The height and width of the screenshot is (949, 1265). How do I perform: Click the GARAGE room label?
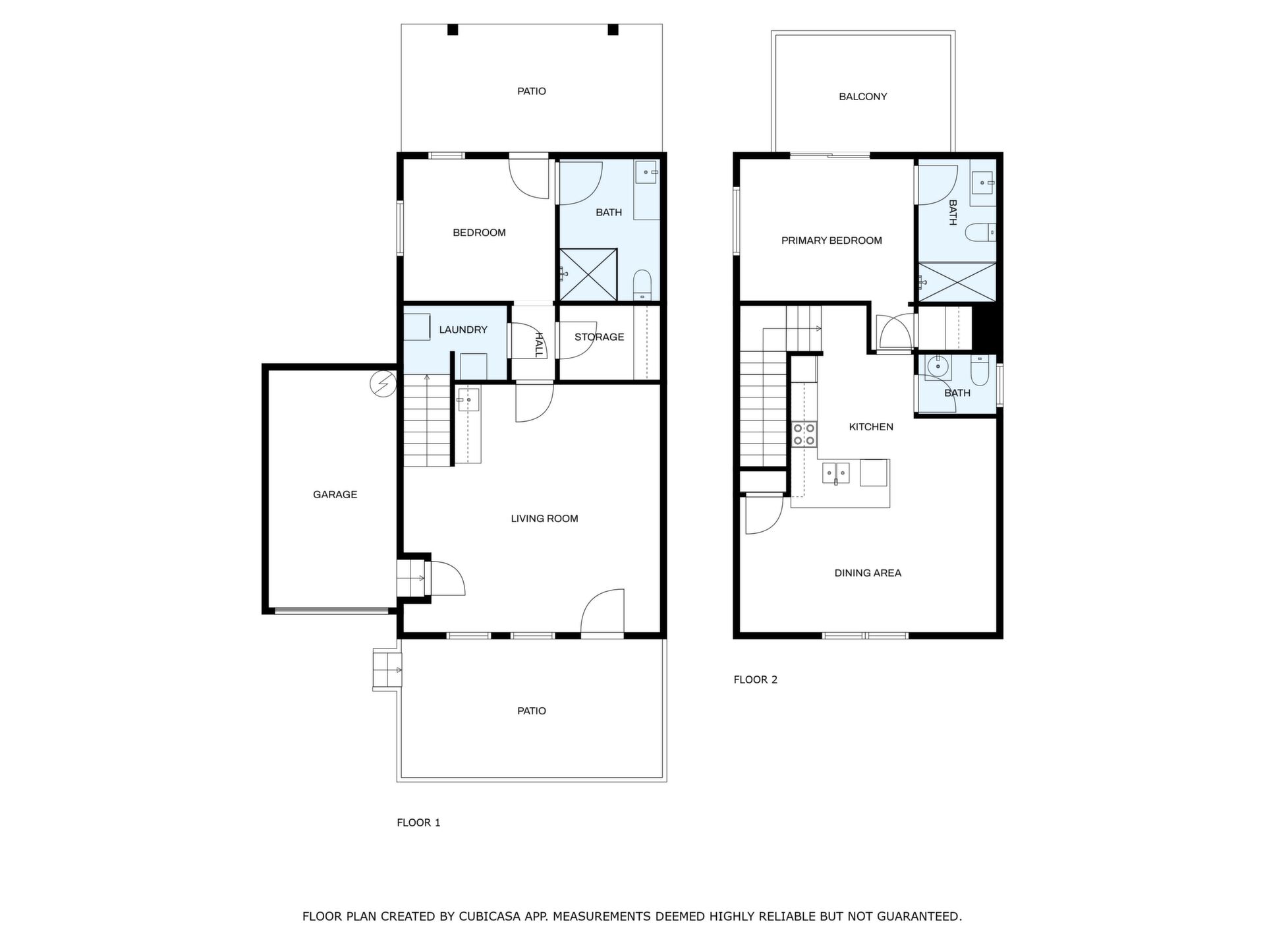(335, 494)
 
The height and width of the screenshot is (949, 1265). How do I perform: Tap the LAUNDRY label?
(463, 330)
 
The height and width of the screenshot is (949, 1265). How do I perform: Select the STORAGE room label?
(599, 337)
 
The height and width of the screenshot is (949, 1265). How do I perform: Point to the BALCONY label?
(862, 96)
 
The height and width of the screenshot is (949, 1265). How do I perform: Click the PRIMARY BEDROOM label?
(831, 241)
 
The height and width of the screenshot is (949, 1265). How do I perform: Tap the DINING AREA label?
(868, 573)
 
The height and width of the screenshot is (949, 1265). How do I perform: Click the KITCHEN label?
(871, 427)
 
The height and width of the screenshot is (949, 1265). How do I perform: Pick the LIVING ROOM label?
(544, 519)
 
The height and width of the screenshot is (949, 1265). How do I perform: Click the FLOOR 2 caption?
(756, 679)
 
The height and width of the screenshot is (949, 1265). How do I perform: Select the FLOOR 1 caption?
(418, 822)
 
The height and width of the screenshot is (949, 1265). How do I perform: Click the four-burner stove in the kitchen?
(804, 435)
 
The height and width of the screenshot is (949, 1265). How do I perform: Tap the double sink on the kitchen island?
(835, 473)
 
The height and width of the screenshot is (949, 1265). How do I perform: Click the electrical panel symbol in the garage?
(383, 383)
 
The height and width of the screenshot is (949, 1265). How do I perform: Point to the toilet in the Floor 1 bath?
(642, 284)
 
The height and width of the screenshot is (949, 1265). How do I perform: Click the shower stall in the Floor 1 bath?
(588, 275)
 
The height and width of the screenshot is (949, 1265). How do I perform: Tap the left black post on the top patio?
(453, 30)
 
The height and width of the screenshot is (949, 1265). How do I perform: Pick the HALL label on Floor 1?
(539, 345)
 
